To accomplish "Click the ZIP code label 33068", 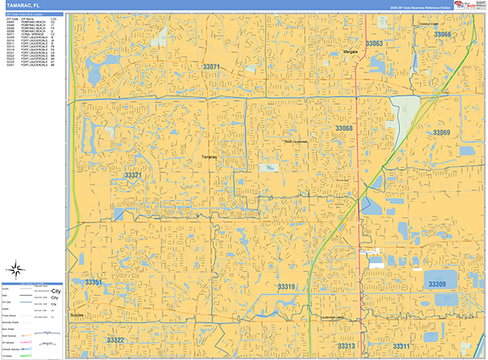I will [344, 128].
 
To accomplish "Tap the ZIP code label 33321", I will [133, 176].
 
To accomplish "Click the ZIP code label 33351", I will [94, 282].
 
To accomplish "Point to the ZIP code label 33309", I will [437, 284].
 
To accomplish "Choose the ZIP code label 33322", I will [115, 340].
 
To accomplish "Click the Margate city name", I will [351, 51].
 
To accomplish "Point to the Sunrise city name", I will [76, 314].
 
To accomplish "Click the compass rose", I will [16, 269].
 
